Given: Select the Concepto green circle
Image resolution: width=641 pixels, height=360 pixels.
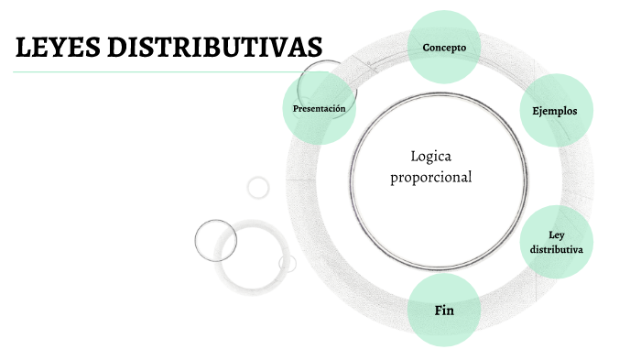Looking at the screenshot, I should [444, 47].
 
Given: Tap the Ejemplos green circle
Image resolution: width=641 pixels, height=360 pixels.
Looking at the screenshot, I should [555, 110].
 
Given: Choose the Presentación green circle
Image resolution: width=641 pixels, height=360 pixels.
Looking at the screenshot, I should [319, 109].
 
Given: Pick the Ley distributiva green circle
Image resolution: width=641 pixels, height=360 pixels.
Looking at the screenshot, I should [556, 242].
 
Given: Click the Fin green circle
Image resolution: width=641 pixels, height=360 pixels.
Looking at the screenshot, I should [444, 311].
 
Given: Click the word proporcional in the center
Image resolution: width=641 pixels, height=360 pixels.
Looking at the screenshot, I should [431, 177].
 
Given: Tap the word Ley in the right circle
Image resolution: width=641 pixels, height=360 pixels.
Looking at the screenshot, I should [556, 235].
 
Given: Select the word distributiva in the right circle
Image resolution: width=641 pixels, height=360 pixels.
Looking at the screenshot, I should [556, 249].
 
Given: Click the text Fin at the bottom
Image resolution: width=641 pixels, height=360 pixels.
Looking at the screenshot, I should [444, 311].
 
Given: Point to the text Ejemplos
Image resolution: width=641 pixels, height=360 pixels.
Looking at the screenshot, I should [555, 110].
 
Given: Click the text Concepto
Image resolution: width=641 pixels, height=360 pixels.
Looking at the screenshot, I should [444, 47].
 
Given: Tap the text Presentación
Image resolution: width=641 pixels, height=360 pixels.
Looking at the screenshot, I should [319, 109].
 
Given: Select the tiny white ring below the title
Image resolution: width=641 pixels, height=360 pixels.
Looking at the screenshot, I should [258, 187].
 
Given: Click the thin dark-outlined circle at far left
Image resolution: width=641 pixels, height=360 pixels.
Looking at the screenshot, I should [216, 240].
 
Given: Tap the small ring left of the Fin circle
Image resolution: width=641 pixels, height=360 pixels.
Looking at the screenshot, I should [288, 264].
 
